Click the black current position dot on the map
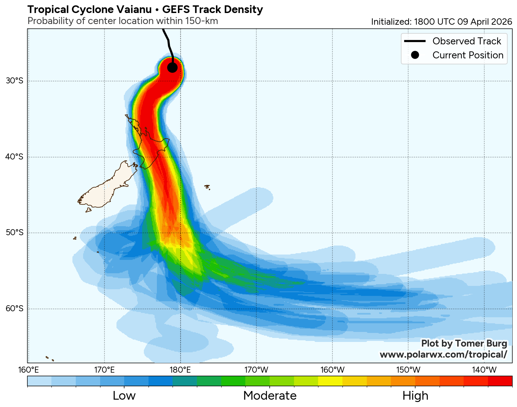point(172,67)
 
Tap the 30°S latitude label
point(15,81)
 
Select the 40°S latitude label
point(15,157)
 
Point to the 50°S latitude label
point(15,233)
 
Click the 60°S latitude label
point(15,308)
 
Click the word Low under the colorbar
point(124,396)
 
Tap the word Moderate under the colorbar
point(270,396)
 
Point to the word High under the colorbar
point(415,396)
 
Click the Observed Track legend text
point(467,41)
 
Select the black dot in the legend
point(415,55)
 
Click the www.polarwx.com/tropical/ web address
point(443,354)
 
